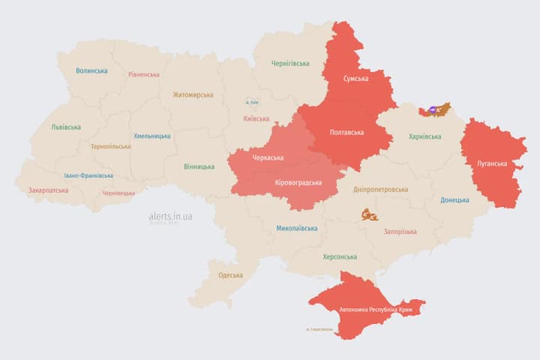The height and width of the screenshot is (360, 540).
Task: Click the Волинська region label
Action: (91, 70)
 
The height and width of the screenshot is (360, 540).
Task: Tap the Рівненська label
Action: (143, 74)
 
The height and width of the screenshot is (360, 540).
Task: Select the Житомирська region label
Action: (193, 94)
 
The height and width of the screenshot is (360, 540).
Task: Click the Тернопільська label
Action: (110, 146)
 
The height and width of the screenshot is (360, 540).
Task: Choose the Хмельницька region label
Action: (151, 136)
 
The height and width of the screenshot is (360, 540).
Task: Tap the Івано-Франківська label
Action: (88, 175)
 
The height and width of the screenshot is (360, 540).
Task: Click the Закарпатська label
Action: (48, 190)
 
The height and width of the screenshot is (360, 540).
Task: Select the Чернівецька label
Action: (118, 193)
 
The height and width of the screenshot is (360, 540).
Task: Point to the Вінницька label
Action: (199, 166)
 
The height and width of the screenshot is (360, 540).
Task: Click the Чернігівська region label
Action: (289, 64)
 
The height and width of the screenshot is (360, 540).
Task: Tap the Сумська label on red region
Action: (355, 79)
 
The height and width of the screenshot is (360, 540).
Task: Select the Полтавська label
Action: (346, 132)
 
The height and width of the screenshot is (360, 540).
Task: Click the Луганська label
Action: (492, 163)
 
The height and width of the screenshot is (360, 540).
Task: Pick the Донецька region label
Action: (454, 199)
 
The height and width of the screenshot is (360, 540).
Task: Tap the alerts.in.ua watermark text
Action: (171, 216)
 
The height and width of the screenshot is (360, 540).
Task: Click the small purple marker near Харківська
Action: (434, 110)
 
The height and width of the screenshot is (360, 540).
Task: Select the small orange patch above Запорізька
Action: (369, 214)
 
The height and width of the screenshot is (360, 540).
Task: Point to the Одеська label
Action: (230, 274)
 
